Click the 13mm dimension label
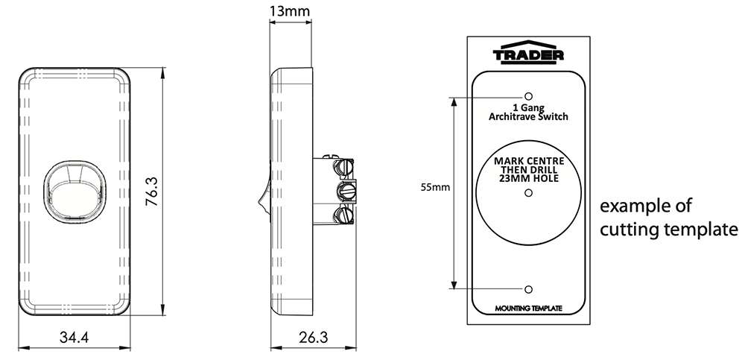click(290, 12)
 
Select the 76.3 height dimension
click(151, 192)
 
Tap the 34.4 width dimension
click(74, 338)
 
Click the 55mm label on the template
click(435, 188)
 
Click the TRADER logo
click(528, 54)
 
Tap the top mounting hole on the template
click(528, 97)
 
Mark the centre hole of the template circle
click(528, 193)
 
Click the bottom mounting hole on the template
click(528, 288)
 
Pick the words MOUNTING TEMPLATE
click(528, 309)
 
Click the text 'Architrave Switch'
click(528, 117)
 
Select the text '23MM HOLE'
click(528, 179)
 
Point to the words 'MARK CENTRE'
click(528, 161)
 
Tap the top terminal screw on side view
click(345, 163)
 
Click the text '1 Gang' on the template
click(528, 107)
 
